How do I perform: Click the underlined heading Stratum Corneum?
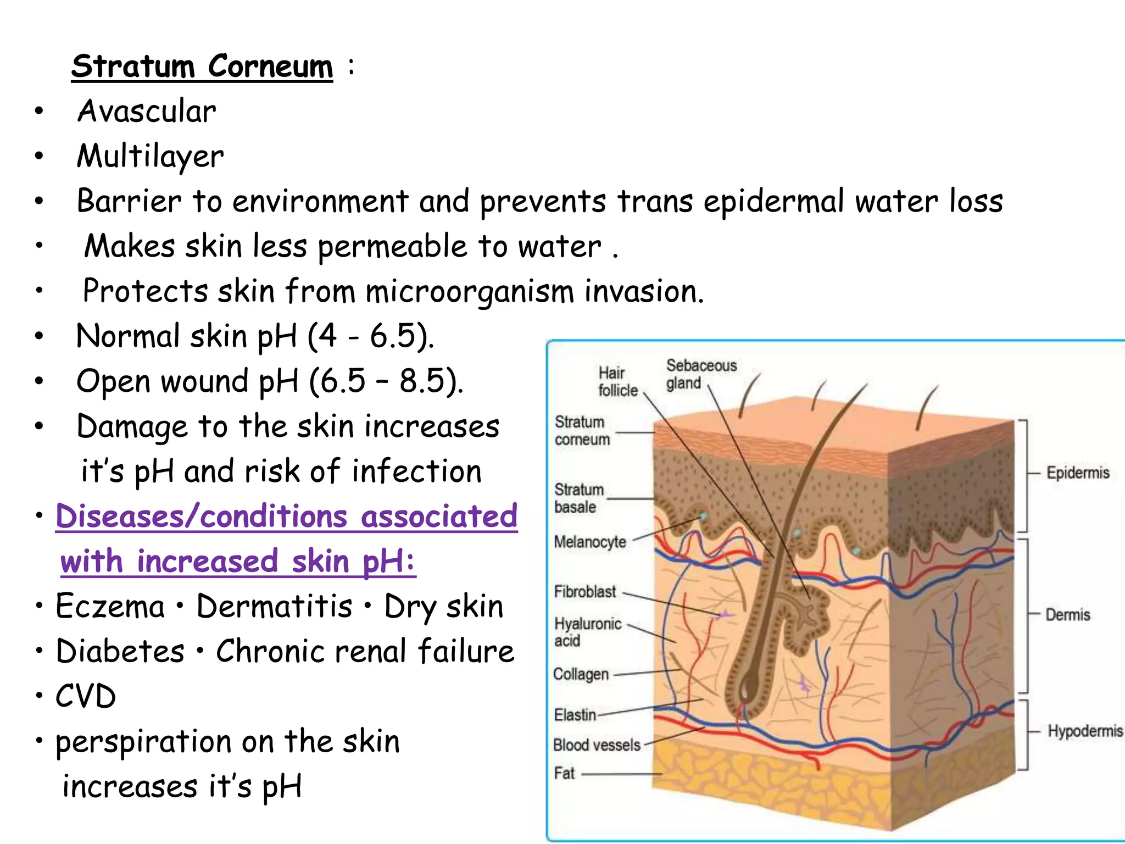tap(202, 67)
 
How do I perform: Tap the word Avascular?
tap(147, 112)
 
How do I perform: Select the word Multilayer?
tap(150, 157)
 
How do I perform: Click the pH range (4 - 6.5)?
tap(371, 336)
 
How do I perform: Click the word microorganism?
tap(470, 291)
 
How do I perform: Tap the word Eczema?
tap(110, 607)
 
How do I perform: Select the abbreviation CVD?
tap(86, 697)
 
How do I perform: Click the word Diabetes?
tap(120, 652)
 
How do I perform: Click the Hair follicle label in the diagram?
tap(618, 381)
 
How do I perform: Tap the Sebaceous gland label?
tap(701, 374)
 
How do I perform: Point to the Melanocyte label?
tap(590, 542)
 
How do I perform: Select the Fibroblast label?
tap(585, 592)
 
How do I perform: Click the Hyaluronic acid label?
tap(587, 632)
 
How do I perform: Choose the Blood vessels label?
tap(597, 745)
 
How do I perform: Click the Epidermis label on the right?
tap(1077, 473)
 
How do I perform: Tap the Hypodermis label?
tap(1085, 731)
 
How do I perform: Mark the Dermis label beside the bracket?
tap(1067, 614)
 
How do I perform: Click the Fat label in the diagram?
tap(564, 773)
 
